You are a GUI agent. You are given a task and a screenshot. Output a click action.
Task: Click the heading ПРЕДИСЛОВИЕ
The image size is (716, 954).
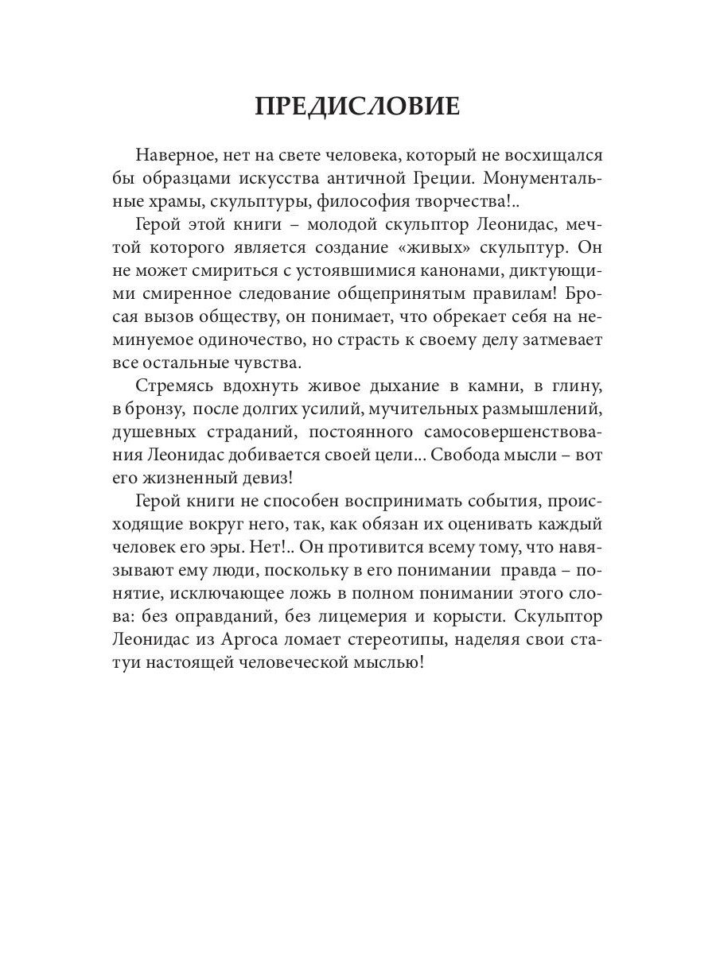pyautogui.click(x=357, y=107)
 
